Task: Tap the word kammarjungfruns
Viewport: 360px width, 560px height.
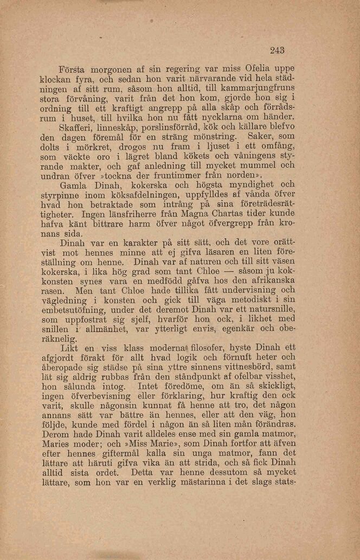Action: pyautogui.click(x=261, y=90)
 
